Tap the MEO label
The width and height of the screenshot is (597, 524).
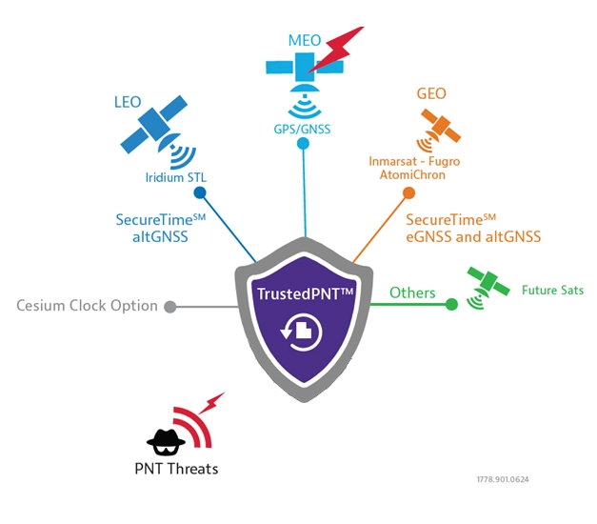pyautogui.click(x=304, y=42)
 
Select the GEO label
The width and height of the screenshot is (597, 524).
pyautogui.click(x=431, y=94)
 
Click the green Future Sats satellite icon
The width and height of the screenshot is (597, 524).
pyautogui.click(x=488, y=282)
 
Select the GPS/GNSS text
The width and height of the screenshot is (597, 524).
pyautogui.click(x=303, y=127)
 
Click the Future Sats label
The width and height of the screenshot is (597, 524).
pyautogui.click(x=552, y=290)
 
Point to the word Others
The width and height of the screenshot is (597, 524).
pyautogui.click(x=413, y=292)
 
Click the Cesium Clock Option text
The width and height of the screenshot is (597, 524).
pyautogui.click(x=87, y=306)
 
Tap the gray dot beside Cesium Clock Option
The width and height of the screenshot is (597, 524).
pyautogui.click(x=170, y=307)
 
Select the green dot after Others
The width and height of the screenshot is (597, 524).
pyautogui.click(x=451, y=305)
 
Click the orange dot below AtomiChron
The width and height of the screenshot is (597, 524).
pyautogui.click(x=408, y=193)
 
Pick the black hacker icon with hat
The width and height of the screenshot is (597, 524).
pyautogui.click(x=165, y=437)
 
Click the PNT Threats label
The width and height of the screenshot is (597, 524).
pyautogui.click(x=176, y=468)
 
